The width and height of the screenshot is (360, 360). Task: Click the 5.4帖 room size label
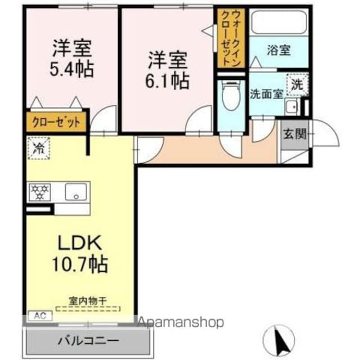pyautogui.click(x=72, y=69)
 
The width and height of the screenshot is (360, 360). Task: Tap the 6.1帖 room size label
pyautogui.click(x=168, y=81)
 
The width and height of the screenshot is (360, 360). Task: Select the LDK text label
pyautogui.click(x=80, y=242)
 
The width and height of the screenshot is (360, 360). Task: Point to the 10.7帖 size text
pyautogui.click(x=80, y=264)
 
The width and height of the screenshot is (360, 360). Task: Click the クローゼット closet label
pyautogui.click(x=56, y=122)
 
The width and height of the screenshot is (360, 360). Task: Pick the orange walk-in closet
pyautogui.click(x=231, y=38)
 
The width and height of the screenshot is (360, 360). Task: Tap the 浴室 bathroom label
pyautogui.click(x=279, y=50)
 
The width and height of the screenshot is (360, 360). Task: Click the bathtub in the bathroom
pyautogui.click(x=279, y=22)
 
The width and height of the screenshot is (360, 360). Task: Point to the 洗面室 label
pyautogui.click(x=267, y=94)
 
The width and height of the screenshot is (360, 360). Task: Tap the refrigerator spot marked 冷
pyautogui.click(x=39, y=148)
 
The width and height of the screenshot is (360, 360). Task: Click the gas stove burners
pyautogui.click(x=40, y=192)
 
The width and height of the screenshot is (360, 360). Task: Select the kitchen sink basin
pyautogui.click(x=76, y=192)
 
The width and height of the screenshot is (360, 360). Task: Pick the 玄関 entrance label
pyautogui.click(x=295, y=134)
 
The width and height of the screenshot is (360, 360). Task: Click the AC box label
pyautogui.click(x=40, y=316)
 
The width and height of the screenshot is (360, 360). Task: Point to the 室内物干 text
pyautogui.click(x=88, y=301)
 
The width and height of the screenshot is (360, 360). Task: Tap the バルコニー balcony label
pyautogui.click(x=88, y=340)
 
